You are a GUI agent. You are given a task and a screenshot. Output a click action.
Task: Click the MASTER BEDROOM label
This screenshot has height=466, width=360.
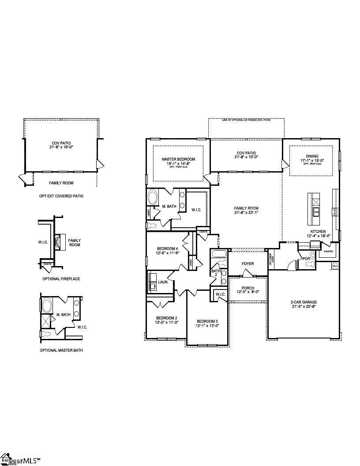point(178,159)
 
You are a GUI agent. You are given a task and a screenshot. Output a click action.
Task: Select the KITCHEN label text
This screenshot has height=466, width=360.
point(318,231)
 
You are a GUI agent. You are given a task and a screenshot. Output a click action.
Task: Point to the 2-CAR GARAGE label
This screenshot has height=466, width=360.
point(304,302)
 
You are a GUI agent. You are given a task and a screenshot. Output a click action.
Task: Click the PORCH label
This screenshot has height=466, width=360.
point(247,288)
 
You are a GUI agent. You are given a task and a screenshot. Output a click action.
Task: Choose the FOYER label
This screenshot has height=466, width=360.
point(247,264)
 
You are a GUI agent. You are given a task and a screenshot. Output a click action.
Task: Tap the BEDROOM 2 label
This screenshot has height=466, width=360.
point(166,318)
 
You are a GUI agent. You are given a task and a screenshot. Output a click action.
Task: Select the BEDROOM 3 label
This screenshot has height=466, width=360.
point(207,321)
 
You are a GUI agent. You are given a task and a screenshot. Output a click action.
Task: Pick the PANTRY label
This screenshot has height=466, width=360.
point(328,251)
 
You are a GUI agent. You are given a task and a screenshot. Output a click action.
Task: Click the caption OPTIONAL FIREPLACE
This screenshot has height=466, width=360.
point(61,279)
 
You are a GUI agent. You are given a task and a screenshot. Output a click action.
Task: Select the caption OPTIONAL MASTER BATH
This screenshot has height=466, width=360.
point(61,350)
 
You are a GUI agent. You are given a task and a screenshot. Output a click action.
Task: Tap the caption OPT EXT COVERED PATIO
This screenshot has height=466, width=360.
point(61,195)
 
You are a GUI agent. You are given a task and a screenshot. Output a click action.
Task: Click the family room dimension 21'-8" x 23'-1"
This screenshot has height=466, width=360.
point(246,213)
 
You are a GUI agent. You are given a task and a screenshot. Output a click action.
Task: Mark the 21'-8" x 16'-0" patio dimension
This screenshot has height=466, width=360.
point(61,147)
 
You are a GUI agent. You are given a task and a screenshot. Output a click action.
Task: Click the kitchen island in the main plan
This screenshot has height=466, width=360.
point(316,208)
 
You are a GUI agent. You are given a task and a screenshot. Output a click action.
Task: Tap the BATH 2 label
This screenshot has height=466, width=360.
point(215,273)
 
